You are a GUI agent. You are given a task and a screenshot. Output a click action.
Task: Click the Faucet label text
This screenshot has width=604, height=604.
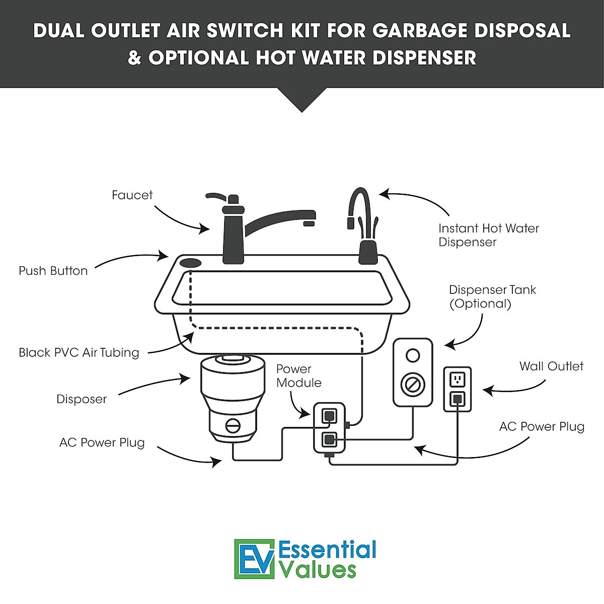click(x=132, y=195)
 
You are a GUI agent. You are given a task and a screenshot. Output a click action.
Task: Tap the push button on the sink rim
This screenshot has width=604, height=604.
click(x=191, y=263)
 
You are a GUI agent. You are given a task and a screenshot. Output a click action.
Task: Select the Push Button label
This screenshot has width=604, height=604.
click(x=53, y=271)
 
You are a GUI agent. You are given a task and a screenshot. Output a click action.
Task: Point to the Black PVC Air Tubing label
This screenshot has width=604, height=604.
click(x=79, y=352)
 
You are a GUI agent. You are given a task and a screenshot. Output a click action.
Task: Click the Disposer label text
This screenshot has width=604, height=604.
click(x=82, y=399)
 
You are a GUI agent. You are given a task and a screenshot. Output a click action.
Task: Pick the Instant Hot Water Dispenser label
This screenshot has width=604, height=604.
click(x=488, y=235)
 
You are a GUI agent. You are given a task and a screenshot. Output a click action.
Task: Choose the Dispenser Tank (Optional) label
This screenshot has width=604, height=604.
click(x=492, y=296)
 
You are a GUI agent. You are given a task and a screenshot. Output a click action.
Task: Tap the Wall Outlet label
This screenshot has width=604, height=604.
click(x=551, y=366)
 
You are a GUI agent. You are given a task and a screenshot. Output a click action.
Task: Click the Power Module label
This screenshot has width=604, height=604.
click(x=298, y=376)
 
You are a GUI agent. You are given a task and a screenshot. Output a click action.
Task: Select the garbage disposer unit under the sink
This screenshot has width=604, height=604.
click(x=232, y=398)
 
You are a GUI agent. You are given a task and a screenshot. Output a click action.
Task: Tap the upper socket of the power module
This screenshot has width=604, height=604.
click(x=329, y=415)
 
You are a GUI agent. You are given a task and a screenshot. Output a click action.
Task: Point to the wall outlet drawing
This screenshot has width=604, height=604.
click(x=457, y=389)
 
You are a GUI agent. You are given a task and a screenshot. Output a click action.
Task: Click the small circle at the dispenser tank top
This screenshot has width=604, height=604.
click(x=413, y=356)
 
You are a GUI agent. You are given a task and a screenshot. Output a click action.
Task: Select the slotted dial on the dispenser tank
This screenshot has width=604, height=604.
click(x=413, y=385)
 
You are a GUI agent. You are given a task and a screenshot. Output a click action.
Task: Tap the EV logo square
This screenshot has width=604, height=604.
click(x=254, y=559)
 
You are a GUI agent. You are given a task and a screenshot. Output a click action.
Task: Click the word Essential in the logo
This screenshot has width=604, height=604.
click(x=327, y=550)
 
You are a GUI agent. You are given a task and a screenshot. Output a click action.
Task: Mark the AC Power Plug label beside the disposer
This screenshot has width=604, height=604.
click(x=102, y=443)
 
